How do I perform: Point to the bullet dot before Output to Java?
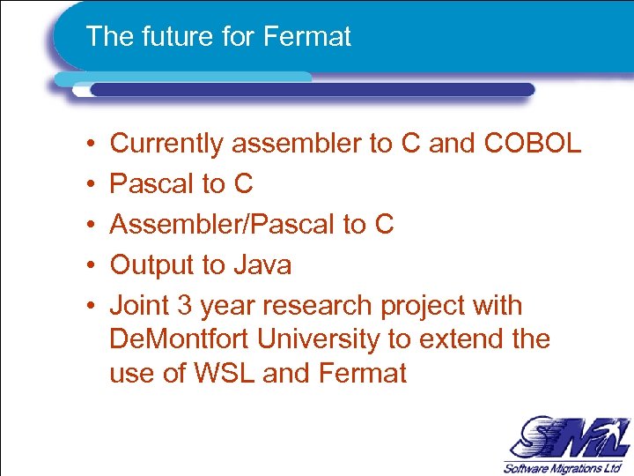(92, 265)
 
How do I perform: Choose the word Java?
(262, 264)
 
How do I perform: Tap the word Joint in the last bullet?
(138, 306)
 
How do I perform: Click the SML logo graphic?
(563, 437)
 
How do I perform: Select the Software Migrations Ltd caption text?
(564, 467)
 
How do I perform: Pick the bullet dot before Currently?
(92, 144)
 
